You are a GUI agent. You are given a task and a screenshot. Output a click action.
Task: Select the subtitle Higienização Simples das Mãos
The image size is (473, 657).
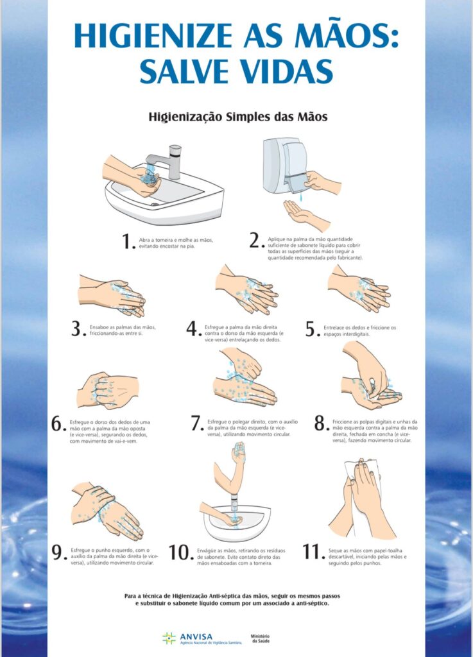tap(238, 117)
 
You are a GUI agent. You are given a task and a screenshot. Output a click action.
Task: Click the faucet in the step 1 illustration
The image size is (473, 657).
tap(166, 160)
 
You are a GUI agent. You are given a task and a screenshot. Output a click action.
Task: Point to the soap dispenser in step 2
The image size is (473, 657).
tap(285, 166)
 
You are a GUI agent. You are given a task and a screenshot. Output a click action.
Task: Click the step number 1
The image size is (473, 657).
tap(127, 241)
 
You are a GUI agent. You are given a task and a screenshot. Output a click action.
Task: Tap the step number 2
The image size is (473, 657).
tap(255, 240)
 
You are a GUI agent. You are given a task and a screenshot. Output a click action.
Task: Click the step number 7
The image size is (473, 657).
tap(196, 423)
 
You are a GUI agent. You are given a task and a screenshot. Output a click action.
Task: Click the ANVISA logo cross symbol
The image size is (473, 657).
tap(169, 638)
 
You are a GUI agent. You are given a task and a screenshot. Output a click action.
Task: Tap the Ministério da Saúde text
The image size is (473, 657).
tap(260, 638)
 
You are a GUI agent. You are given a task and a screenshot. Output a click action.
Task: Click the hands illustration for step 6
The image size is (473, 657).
tap(108, 391)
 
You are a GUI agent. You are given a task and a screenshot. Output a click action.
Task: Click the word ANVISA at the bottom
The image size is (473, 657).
tap(196, 636)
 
